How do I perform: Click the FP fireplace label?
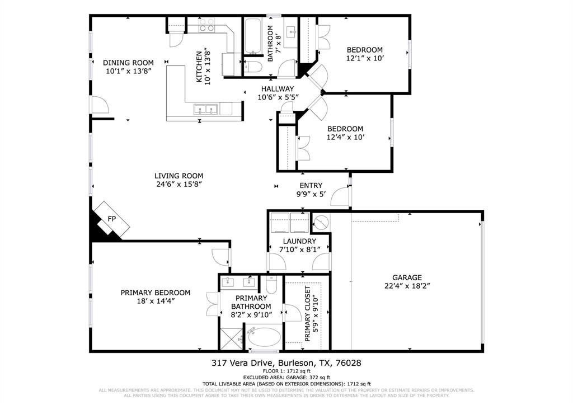tap(111, 218)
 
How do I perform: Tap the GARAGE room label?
tap(407, 277)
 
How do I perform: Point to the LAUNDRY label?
tap(299, 241)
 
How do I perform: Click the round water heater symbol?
tap(321, 223)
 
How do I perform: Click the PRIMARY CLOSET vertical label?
tap(308, 314)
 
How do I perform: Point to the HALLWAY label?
tap(275, 88)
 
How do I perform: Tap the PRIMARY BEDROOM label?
tap(156, 292)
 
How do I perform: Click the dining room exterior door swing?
tap(100, 105)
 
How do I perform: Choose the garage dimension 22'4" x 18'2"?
tap(407, 285)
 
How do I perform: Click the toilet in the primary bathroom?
tap(272, 286)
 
